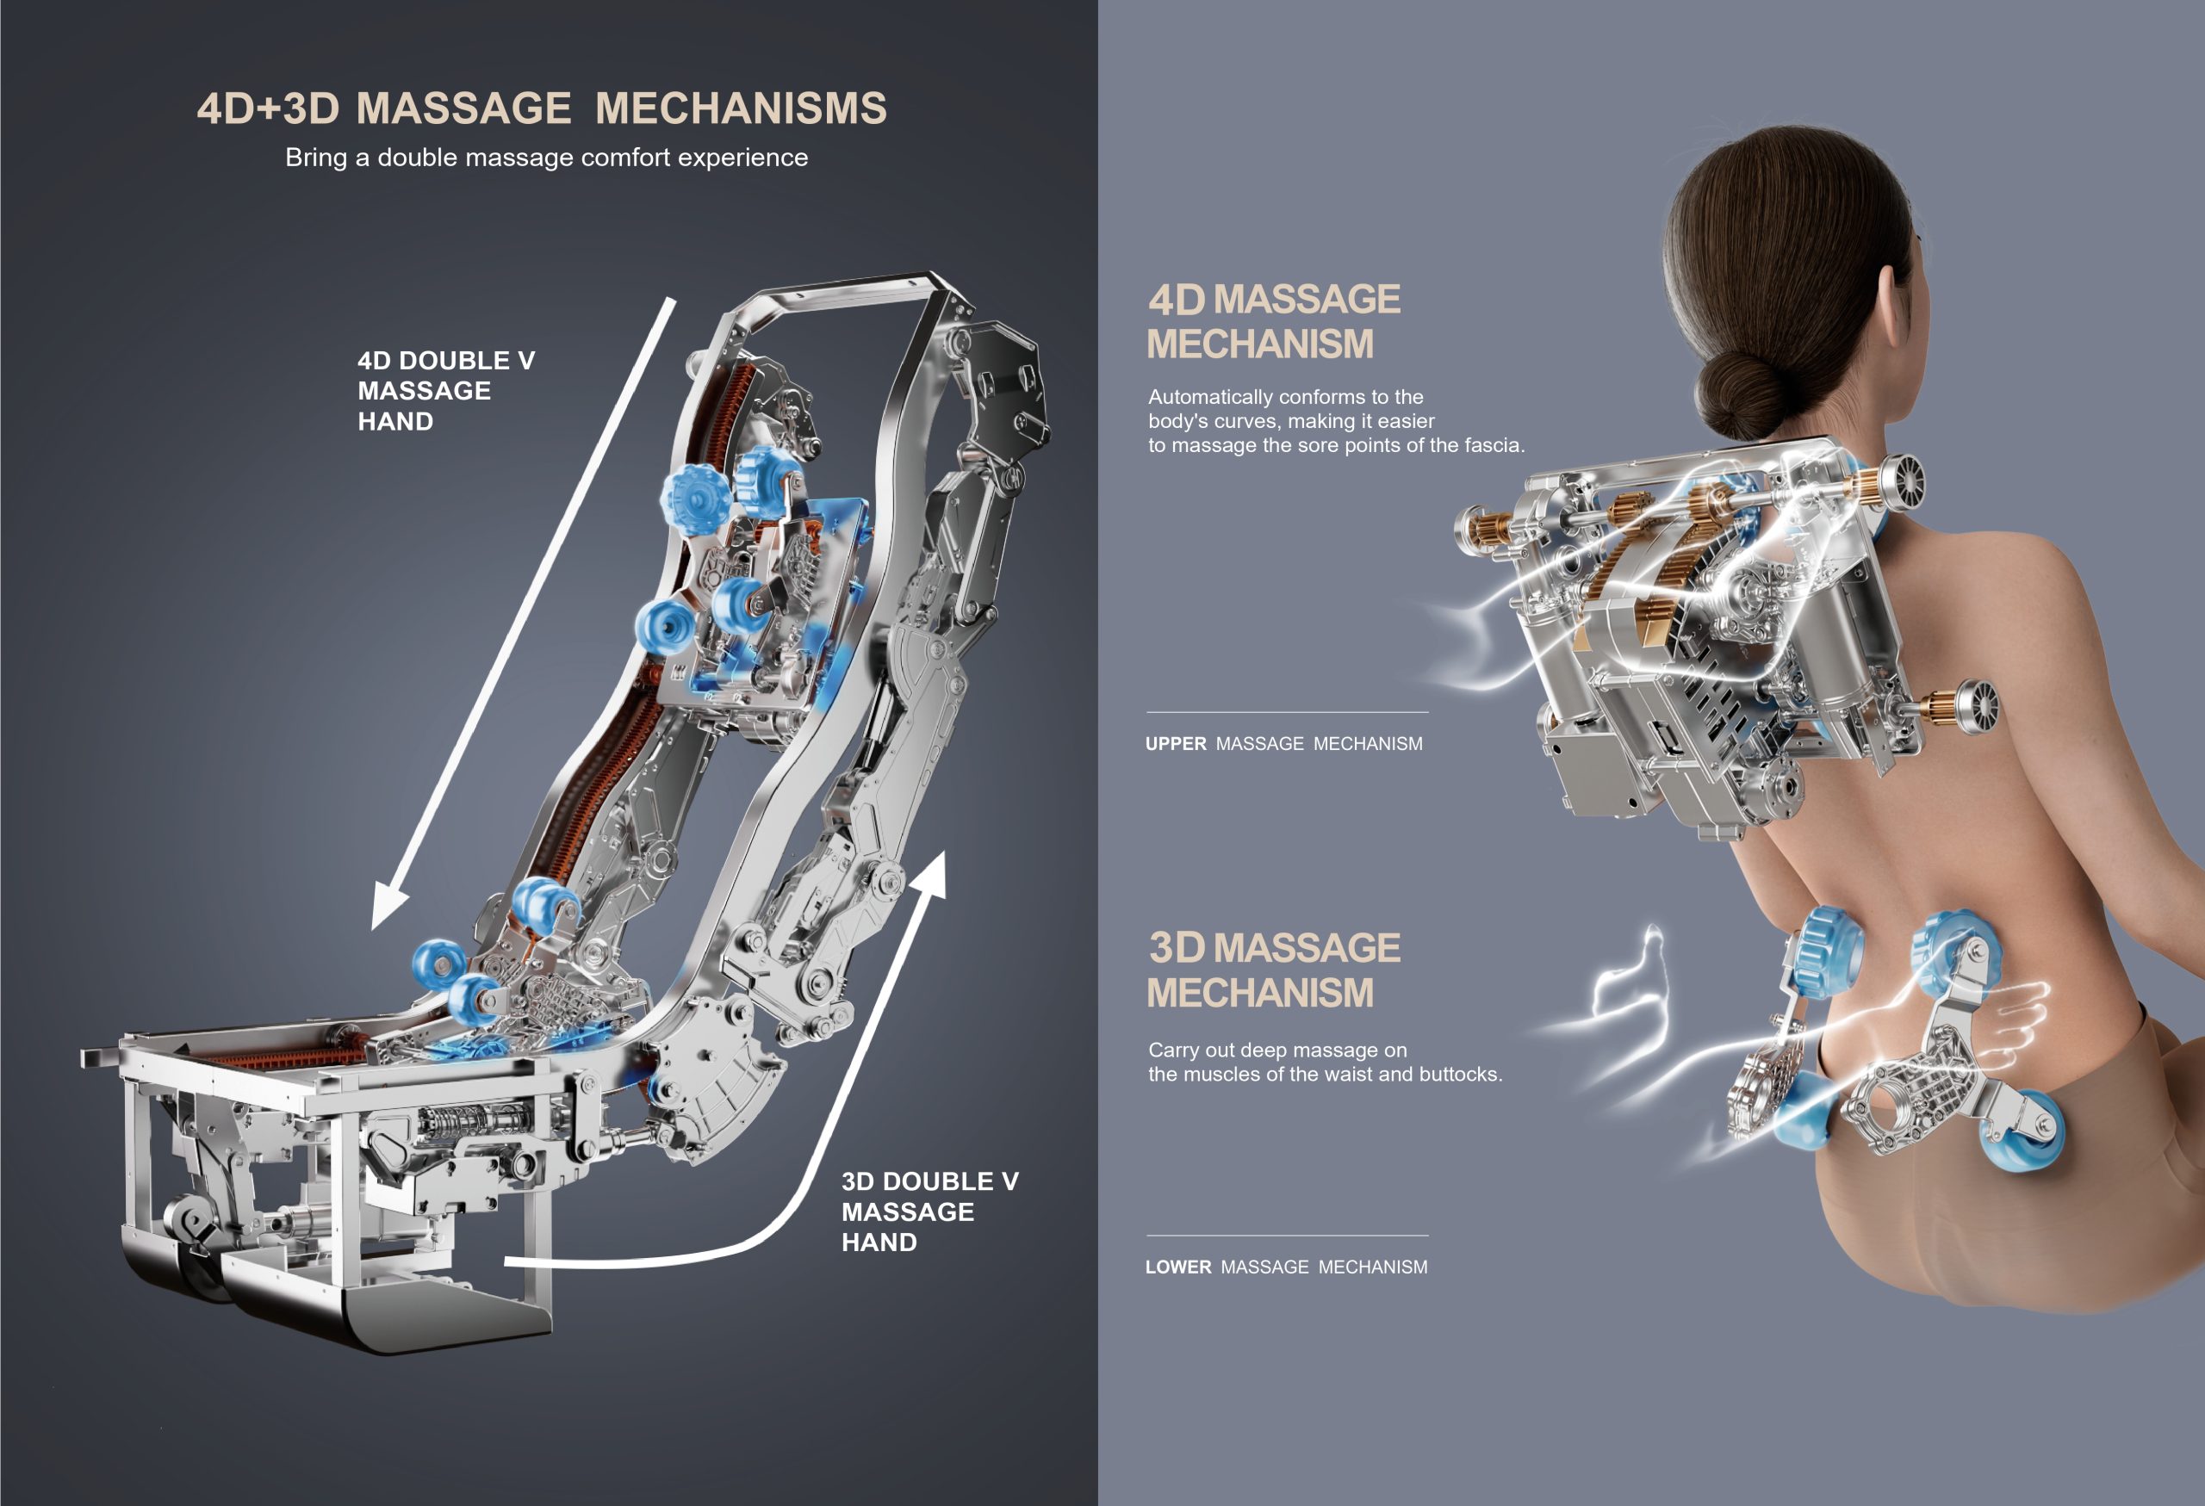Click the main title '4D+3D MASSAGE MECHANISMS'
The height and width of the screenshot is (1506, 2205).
click(542, 108)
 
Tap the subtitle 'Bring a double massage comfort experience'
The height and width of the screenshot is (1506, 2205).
click(546, 158)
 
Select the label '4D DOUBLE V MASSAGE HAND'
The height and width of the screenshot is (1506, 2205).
click(445, 391)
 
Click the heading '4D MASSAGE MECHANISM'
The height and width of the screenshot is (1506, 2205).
click(1272, 321)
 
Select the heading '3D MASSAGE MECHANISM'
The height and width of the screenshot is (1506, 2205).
click(1272, 970)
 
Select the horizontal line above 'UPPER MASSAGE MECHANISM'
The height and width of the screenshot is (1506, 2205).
click(1287, 712)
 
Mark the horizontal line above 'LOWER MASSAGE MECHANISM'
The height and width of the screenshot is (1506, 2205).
click(1287, 1236)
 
